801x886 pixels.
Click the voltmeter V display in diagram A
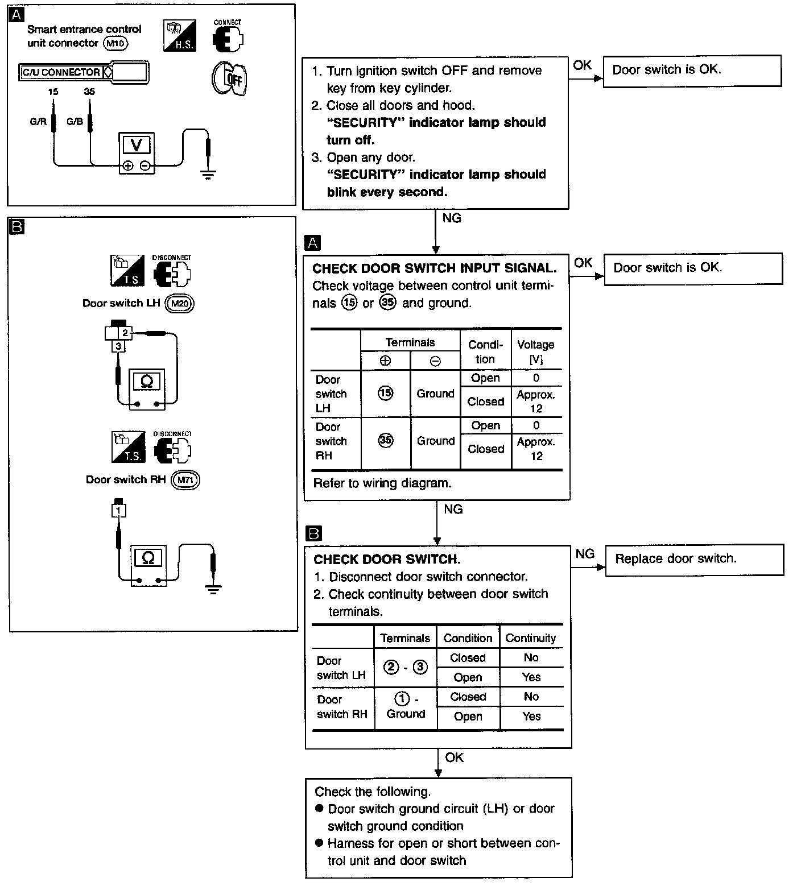pyautogui.click(x=137, y=146)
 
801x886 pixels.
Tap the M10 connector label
pyautogui.click(x=115, y=43)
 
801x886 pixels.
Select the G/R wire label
pyautogui.click(x=38, y=122)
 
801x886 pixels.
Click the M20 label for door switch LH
pyautogui.click(x=180, y=304)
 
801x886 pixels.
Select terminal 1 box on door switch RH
pyautogui.click(x=118, y=511)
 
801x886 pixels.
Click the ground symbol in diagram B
pyautogui.click(x=213, y=589)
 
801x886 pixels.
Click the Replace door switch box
pyautogui.click(x=693, y=560)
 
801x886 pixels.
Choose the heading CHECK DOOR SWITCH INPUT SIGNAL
pyautogui.click(x=435, y=268)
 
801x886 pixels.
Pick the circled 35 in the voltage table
pyautogui.click(x=386, y=441)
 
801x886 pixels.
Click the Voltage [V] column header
pyautogui.click(x=536, y=351)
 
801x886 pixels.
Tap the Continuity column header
pyautogui.click(x=531, y=638)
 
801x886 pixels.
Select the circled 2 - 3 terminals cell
pyautogui.click(x=405, y=667)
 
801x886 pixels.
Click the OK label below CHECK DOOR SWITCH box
pyautogui.click(x=455, y=757)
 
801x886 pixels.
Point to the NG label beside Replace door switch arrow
pyautogui.click(x=585, y=554)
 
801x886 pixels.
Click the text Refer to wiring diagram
pyautogui.click(x=382, y=483)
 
